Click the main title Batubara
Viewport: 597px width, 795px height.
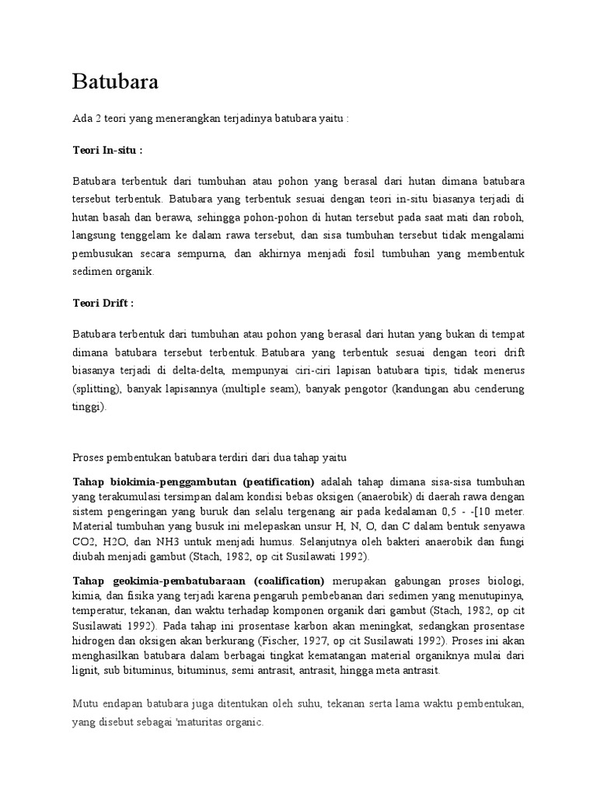(x=116, y=82)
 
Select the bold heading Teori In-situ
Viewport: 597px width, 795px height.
(x=108, y=150)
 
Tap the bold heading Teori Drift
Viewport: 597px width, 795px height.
(x=104, y=302)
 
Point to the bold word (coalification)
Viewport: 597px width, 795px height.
(x=287, y=580)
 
